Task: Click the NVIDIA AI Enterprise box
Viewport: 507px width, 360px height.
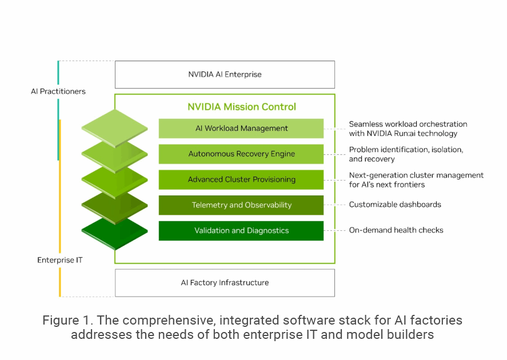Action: (x=225, y=74)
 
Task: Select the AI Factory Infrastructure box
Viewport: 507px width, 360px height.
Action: (x=225, y=282)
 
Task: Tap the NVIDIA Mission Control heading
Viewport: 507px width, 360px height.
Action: (x=242, y=107)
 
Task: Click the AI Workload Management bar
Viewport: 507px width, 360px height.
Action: (x=241, y=129)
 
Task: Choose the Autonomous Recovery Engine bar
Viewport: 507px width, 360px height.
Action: (x=241, y=154)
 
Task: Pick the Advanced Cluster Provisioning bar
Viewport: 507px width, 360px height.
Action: (x=241, y=179)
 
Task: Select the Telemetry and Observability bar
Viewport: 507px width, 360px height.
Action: (x=241, y=205)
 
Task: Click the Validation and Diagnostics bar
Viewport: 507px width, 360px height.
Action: (x=241, y=230)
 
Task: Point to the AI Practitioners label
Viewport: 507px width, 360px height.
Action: (x=58, y=91)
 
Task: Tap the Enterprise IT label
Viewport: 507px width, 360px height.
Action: (x=60, y=260)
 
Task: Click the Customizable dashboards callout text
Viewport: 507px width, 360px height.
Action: (x=395, y=205)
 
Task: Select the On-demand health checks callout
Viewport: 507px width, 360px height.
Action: (x=396, y=230)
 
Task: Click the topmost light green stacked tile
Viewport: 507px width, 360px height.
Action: (x=114, y=126)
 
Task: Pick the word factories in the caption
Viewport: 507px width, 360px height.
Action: (x=439, y=320)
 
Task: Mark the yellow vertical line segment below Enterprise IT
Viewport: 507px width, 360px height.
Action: (x=59, y=282)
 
